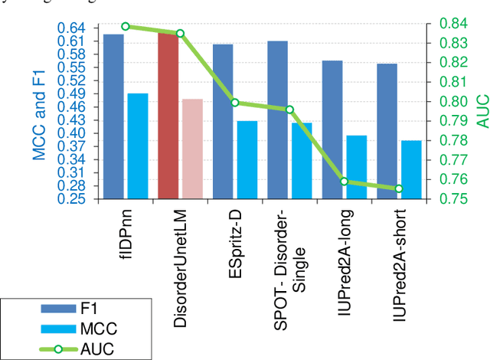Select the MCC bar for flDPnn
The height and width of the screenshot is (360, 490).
pos(138,146)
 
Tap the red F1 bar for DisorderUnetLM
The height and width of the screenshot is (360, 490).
pos(168,115)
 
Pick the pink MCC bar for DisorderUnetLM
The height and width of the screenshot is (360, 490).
pos(192,149)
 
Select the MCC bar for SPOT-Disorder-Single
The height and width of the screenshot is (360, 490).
pos(302,160)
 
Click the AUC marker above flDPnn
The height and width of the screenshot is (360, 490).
pos(126,26)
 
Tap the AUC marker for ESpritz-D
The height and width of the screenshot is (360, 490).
pos(235,103)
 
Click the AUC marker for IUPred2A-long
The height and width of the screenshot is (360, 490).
pos(344,182)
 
